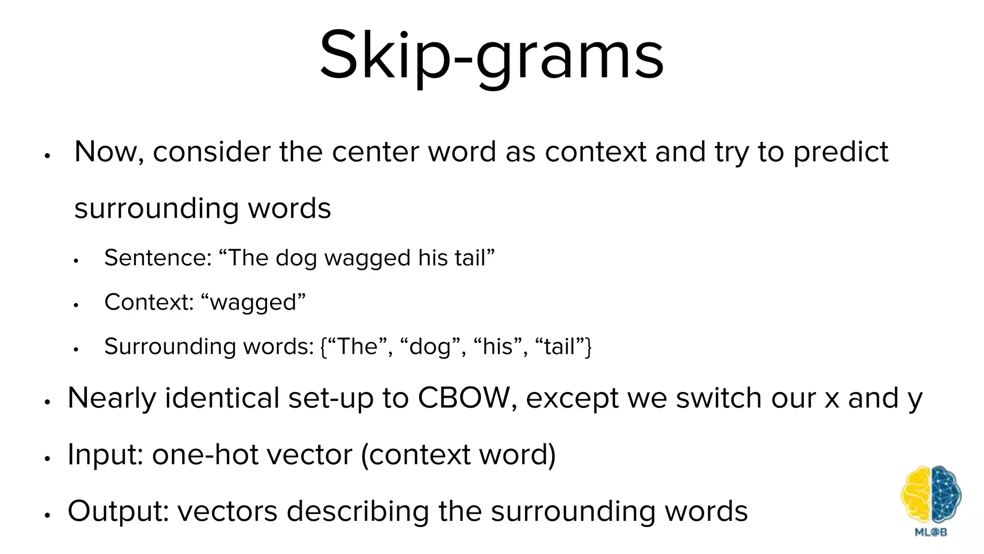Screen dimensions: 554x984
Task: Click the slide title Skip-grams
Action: coord(492,55)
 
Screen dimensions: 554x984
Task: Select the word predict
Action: coord(840,153)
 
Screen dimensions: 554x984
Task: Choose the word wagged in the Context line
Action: coord(253,303)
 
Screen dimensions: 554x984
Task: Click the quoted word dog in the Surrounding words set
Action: coord(430,347)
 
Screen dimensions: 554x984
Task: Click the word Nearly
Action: coord(112,399)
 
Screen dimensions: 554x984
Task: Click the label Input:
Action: coord(105,454)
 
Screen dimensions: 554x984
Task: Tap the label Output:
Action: coord(118,511)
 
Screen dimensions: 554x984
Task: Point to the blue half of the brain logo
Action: coord(946,495)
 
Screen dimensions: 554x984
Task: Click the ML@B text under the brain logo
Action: coord(931,532)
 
